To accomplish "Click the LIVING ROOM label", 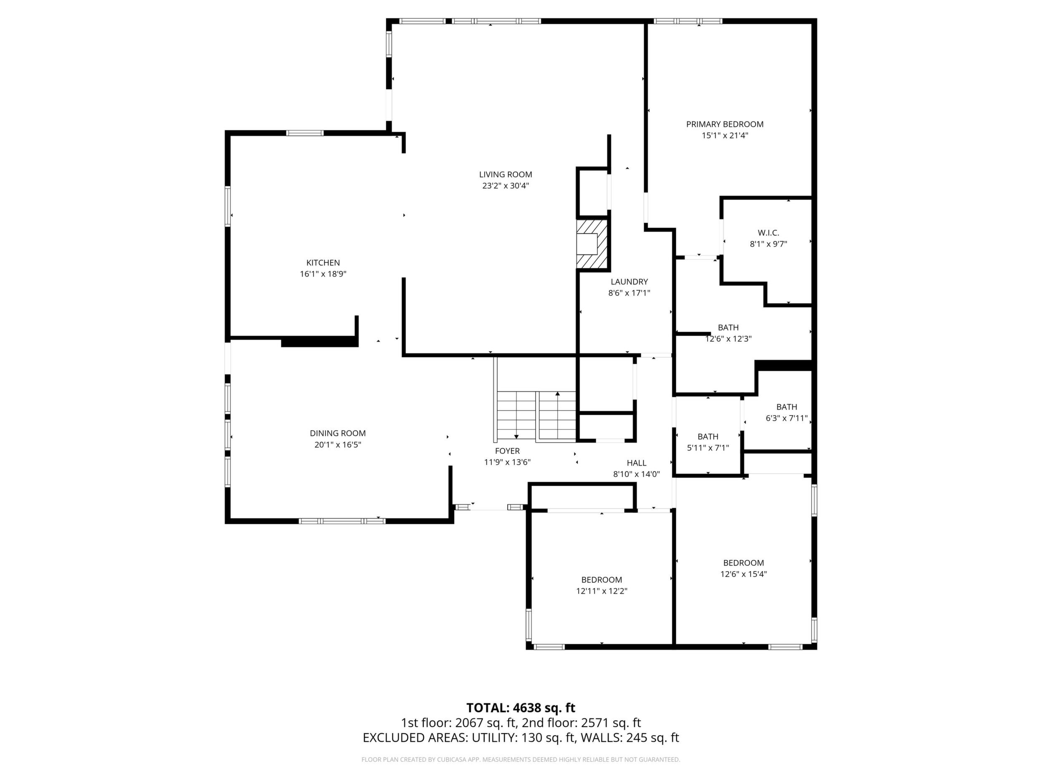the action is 506,175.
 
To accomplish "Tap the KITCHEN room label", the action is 323,263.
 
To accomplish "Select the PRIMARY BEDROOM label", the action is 724,124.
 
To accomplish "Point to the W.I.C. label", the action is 768,232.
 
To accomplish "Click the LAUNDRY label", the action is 630,282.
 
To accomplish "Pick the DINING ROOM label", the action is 338,433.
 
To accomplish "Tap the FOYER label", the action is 507,451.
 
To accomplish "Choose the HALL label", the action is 636,463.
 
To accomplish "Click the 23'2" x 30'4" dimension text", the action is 506,186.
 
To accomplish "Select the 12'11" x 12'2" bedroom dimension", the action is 602,591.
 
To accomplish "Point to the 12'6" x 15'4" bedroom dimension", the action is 744,574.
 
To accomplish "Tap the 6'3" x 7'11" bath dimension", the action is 787,418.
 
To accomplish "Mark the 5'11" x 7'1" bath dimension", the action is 708,448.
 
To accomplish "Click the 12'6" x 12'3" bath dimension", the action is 728,338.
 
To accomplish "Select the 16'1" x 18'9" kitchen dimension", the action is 323,274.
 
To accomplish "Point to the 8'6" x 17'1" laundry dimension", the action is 630,293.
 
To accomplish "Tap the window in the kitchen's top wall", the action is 305,133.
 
